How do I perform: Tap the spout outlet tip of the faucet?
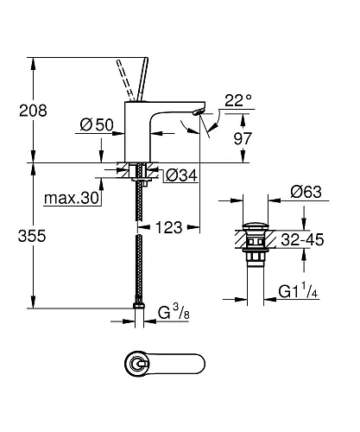point(200,113)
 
